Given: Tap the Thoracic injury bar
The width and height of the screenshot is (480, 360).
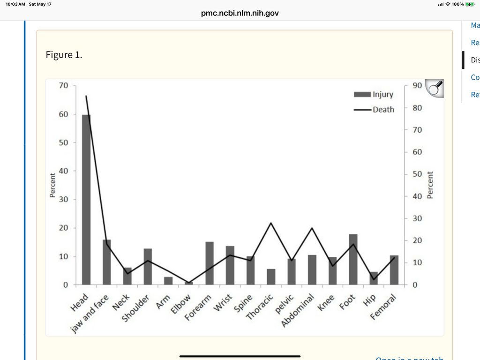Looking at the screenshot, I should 271,277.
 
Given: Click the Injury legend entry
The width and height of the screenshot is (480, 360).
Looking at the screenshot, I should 374,95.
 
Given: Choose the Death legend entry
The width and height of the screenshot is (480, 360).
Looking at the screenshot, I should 374,110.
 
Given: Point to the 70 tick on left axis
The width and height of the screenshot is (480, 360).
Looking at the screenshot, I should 63,86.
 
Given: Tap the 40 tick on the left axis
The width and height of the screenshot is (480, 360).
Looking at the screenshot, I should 63,171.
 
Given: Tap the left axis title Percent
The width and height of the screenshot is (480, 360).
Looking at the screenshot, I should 52,186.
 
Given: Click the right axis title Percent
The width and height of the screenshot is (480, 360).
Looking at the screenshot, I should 430,185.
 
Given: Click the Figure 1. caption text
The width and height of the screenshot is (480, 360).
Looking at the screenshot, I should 64,55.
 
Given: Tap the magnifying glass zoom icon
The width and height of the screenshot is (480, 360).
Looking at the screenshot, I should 434,88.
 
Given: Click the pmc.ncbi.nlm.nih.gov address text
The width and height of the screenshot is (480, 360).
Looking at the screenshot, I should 240,13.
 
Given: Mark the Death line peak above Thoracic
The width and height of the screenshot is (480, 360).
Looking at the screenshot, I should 271,223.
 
